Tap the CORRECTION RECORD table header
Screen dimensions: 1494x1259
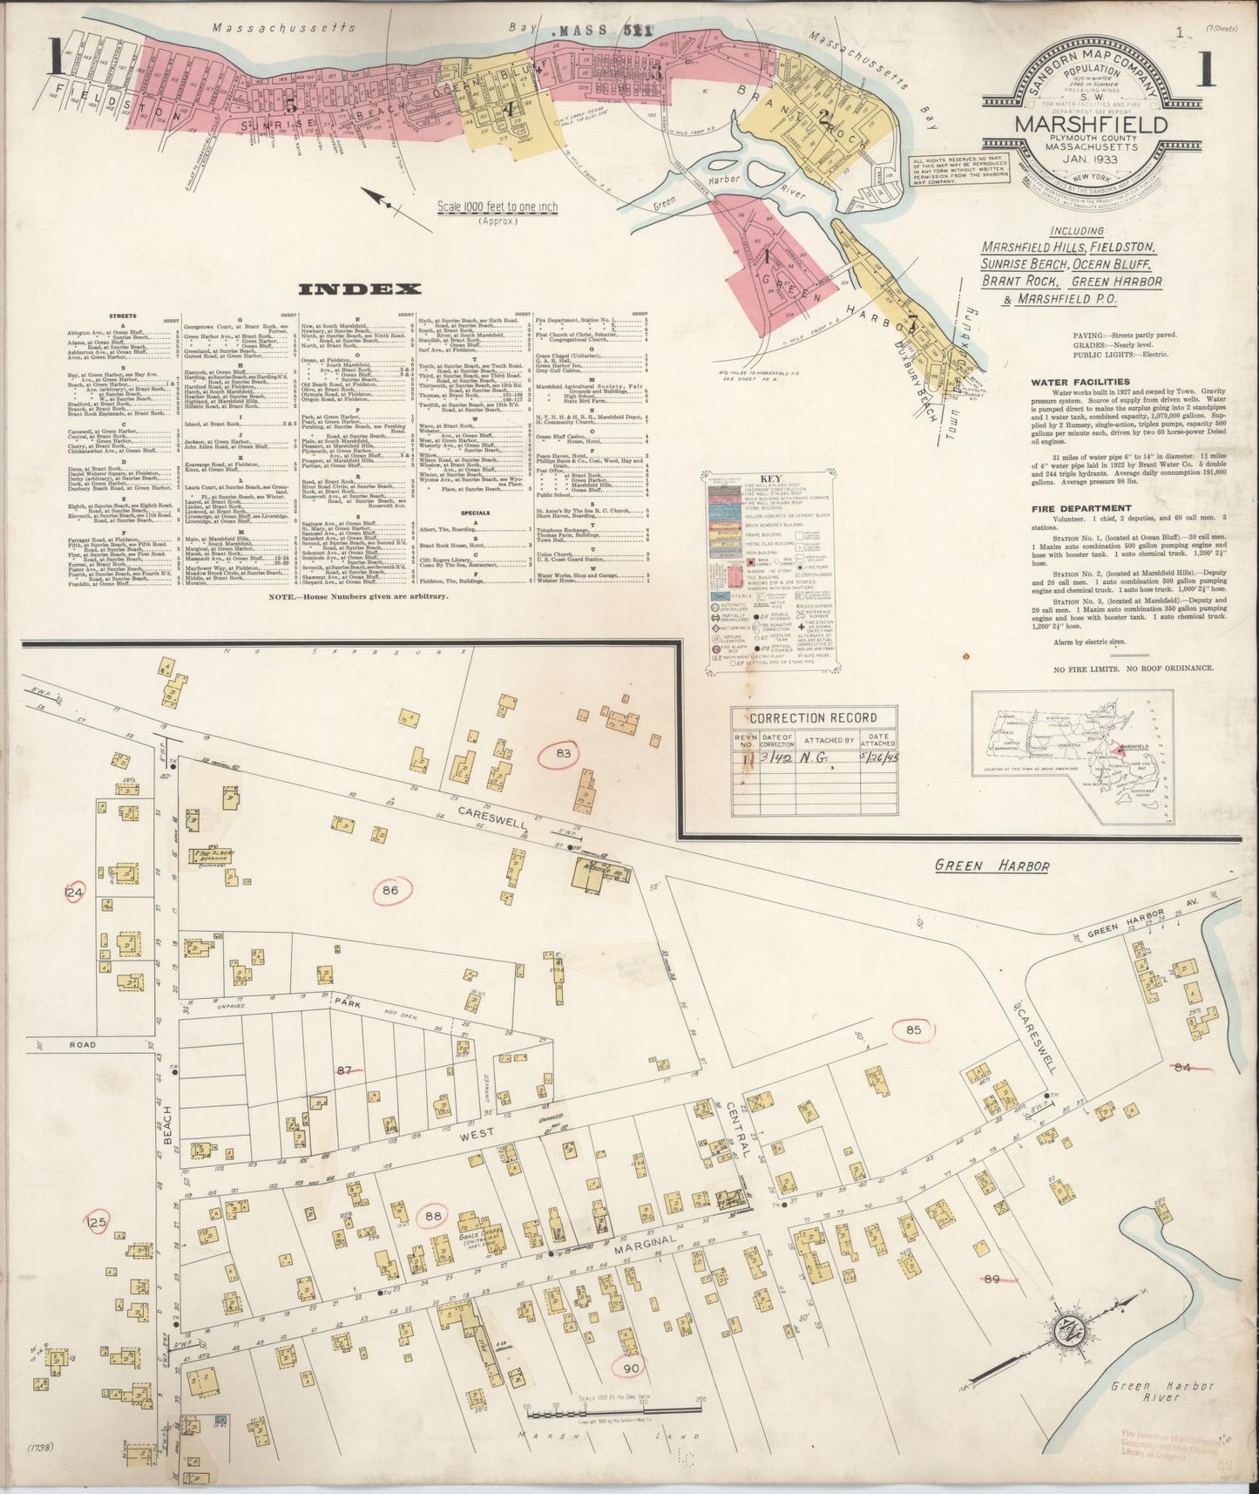804,717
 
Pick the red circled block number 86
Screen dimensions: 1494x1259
390,890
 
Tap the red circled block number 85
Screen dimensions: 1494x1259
913,1029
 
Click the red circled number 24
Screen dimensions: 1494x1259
77,893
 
